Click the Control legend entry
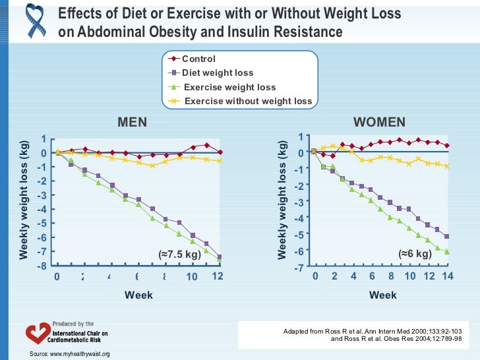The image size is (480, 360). (x=198, y=59)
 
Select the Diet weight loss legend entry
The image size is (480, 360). (x=218, y=73)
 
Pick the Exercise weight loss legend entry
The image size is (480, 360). (x=229, y=87)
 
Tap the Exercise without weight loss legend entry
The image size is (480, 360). (x=248, y=101)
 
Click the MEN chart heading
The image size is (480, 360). (x=132, y=123)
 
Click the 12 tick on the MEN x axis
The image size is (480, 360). (x=218, y=277)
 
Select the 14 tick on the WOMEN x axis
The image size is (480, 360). (x=448, y=277)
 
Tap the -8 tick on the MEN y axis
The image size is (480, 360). (x=42, y=266)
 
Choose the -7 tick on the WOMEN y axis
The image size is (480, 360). (x=298, y=268)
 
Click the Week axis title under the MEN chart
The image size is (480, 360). (x=138, y=295)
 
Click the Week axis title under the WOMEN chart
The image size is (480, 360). (x=383, y=295)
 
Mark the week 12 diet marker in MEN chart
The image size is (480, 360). (x=220, y=256)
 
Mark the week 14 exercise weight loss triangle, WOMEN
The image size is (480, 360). (x=448, y=252)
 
